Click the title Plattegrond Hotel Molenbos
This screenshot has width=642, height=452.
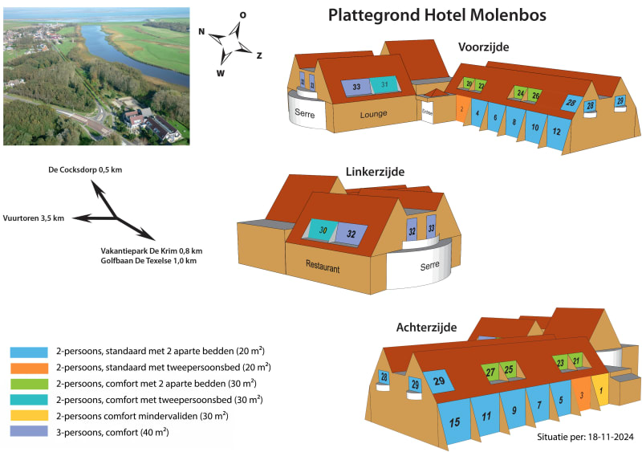click(437, 16)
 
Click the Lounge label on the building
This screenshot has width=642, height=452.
click(373, 115)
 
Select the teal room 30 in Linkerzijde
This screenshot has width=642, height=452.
click(321, 231)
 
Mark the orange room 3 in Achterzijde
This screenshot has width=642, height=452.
click(581, 394)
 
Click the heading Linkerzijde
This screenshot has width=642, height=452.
click(375, 173)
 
